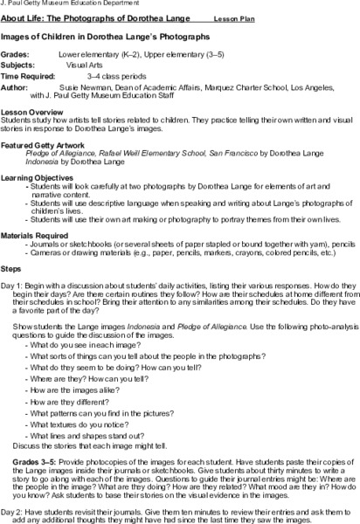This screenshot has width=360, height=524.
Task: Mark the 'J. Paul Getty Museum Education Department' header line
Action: point(66,4)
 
